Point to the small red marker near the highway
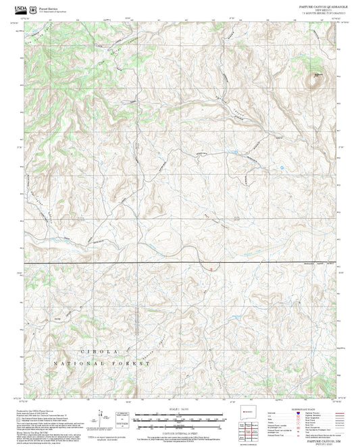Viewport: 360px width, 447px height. [211, 268]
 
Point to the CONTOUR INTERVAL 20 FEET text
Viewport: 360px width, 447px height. [180, 424]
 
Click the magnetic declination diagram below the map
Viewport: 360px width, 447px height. [101, 415]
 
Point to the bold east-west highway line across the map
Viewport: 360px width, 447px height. [135, 262]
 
